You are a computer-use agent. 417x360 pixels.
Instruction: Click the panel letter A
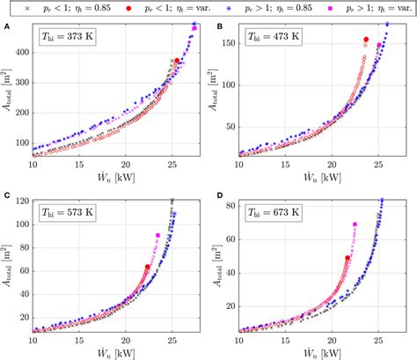point(7,26)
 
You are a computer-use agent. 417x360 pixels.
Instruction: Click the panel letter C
point(7,195)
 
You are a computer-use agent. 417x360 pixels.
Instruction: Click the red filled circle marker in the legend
point(128,7)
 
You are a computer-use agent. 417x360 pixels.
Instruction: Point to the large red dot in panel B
point(366,40)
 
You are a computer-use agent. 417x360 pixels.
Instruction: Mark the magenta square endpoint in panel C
point(157,235)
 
